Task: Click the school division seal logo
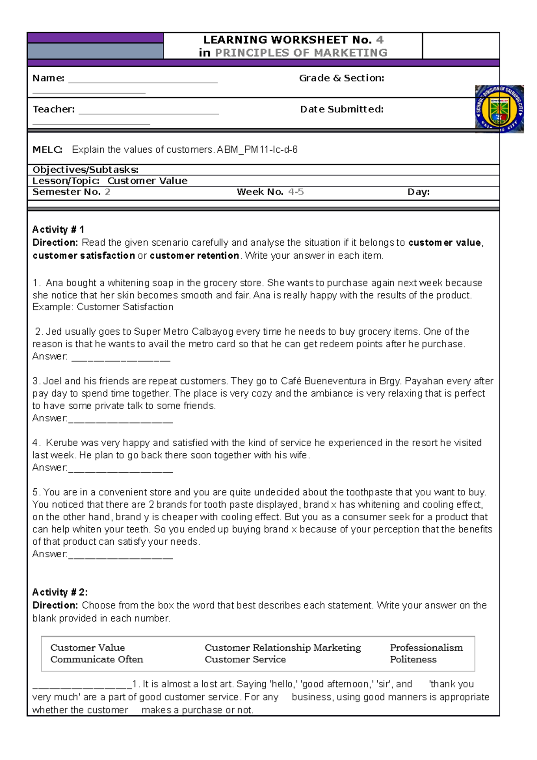[x=499, y=109]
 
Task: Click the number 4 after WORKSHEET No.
[x=380, y=40]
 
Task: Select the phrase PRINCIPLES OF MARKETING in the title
[x=301, y=53]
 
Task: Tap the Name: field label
[x=48, y=78]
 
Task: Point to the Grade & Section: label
[x=341, y=78]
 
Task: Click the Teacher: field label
[x=54, y=110]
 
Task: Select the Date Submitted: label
[x=341, y=110]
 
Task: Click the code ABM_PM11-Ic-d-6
[x=257, y=150]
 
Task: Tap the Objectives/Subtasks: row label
[x=85, y=170]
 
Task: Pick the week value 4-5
[x=296, y=192]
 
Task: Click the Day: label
[x=418, y=192]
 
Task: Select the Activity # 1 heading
[x=58, y=230]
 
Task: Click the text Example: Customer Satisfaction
[x=103, y=307]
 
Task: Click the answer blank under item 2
[x=121, y=358]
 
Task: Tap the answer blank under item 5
[x=121, y=555]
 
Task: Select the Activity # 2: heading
[x=60, y=592]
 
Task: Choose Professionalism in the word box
[x=426, y=648]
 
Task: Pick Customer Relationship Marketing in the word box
[x=282, y=648]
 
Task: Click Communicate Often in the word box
[x=97, y=660]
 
